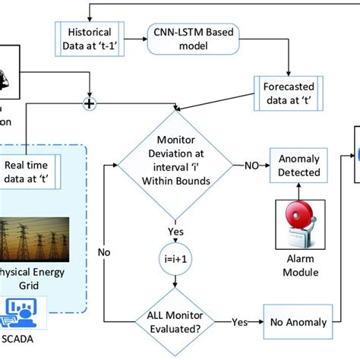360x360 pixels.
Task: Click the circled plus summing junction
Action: point(89,104)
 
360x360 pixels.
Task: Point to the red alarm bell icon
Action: point(300,226)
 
